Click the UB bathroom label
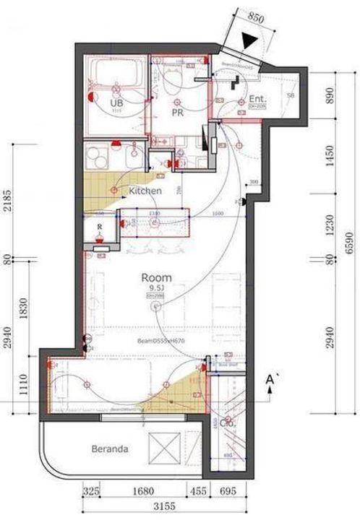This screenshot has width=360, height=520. (115, 104)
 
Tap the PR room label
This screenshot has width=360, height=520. (175, 113)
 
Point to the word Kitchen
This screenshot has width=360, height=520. (145, 191)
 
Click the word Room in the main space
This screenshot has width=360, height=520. (156, 277)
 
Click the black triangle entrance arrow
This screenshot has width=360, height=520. (251, 41)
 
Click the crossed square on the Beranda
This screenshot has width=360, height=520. (162, 448)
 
